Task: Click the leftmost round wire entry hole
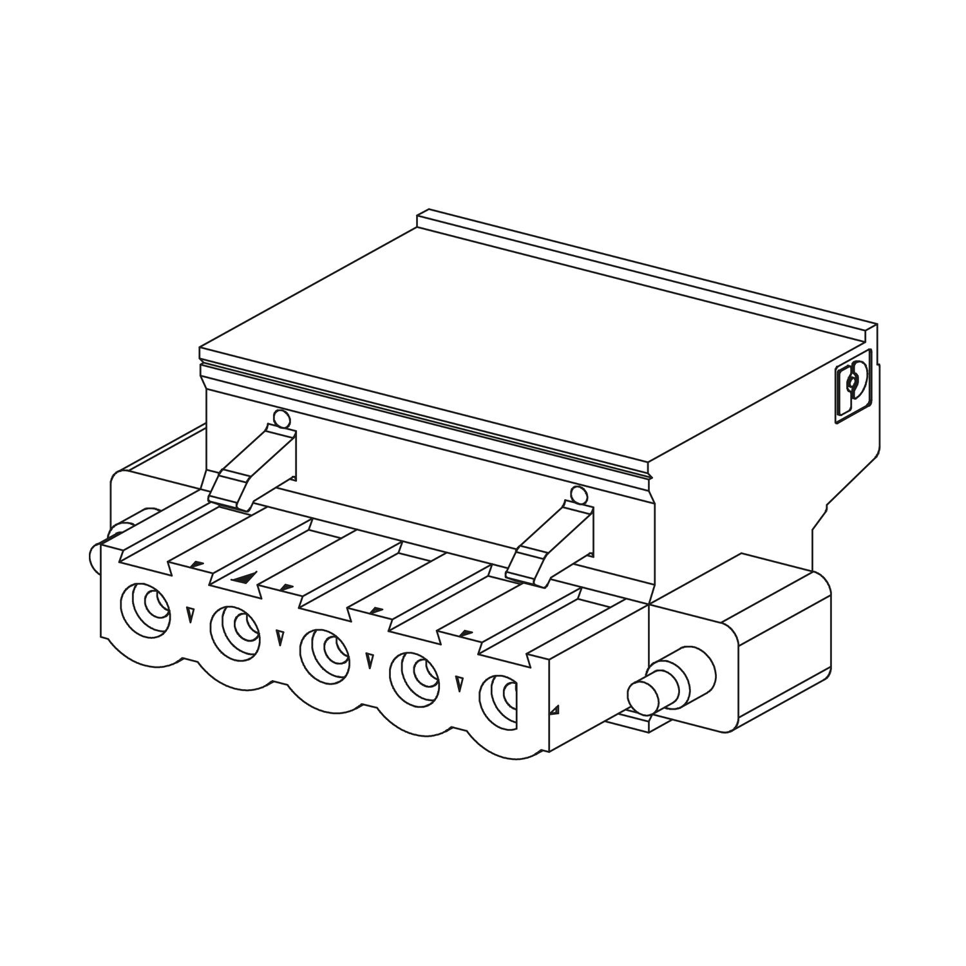pos(146,604)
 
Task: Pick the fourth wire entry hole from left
pos(415,673)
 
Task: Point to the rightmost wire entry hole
pos(503,697)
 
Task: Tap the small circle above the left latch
pos(281,419)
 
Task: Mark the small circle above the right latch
pos(578,495)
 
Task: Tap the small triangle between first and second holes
pos(189,614)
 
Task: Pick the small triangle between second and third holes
pos(279,638)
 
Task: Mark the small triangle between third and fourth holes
pos(370,661)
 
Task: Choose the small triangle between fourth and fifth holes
pos(459,683)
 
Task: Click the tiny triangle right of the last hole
pos(554,711)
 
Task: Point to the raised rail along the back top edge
pos(644,270)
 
